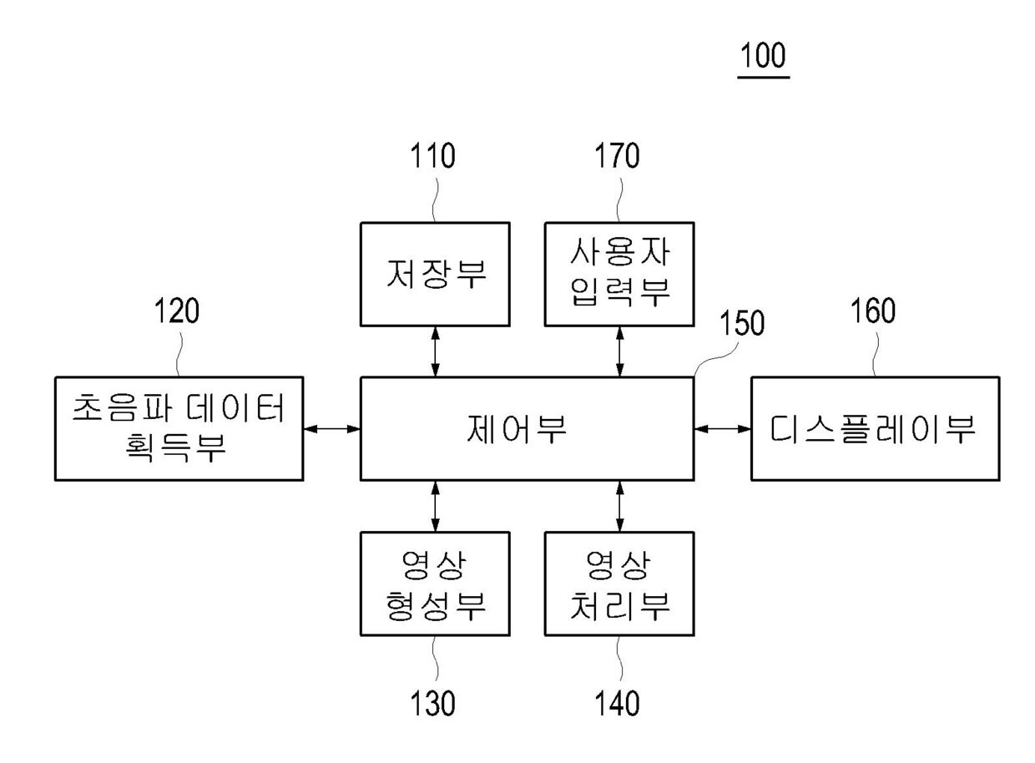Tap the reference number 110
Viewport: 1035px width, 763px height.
click(x=434, y=156)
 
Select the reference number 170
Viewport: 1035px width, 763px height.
click(x=618, y=156)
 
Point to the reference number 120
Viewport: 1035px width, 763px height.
click(x=177, y=311)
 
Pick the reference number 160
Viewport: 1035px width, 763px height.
click(x=874, y=311)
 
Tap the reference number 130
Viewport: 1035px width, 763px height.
click(x=434, y=704)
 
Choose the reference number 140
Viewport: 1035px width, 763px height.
click(x=618, y=704)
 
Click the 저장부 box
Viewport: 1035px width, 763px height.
click(x=435, y=273)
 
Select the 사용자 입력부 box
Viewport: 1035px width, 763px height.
click(x=618, y=273)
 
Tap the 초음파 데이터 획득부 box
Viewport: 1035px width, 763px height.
click(x=178, y=428)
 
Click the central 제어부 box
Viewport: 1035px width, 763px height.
click(x=527, y=428)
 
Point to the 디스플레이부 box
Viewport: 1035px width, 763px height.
click(x=874, y=428)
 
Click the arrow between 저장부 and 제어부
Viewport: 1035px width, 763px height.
click(x=435, y=351)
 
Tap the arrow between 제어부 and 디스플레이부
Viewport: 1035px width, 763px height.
click(x=723, y=428)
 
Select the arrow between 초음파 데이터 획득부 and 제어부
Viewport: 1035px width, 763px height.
click(x=331, y=428)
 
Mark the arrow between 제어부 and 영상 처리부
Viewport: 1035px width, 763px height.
click(x=618, y=506)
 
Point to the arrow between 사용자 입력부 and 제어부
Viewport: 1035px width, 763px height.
click(x=618, y=351)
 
